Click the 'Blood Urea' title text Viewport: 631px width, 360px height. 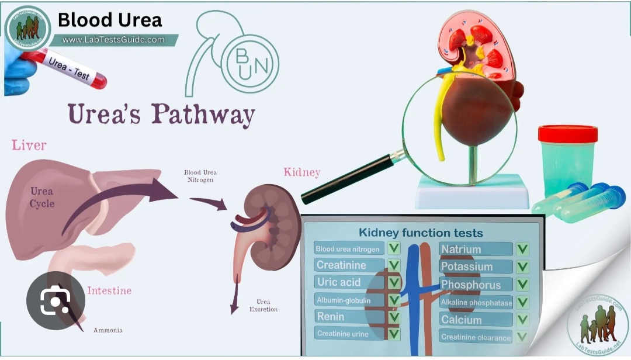tap(110, 20)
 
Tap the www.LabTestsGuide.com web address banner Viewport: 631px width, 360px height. tap(113, 40)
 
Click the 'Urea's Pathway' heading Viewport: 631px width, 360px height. tap(161, 114)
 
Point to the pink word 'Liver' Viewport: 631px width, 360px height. tap(29, 145)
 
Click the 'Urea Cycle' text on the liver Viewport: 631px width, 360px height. tap(42, 198)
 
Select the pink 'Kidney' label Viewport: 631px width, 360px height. tap(302, 172)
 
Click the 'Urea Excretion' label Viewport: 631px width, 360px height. tap(263, 306)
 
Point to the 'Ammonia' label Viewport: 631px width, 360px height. tap(108, 330)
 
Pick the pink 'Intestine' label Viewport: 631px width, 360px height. tap(109, 290)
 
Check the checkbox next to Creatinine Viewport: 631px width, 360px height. tap(394, 265)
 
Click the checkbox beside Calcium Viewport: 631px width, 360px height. tap(522, 320)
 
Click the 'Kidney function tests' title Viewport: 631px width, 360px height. tap(421, 233)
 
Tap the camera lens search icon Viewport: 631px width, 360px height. tap(55, 300)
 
